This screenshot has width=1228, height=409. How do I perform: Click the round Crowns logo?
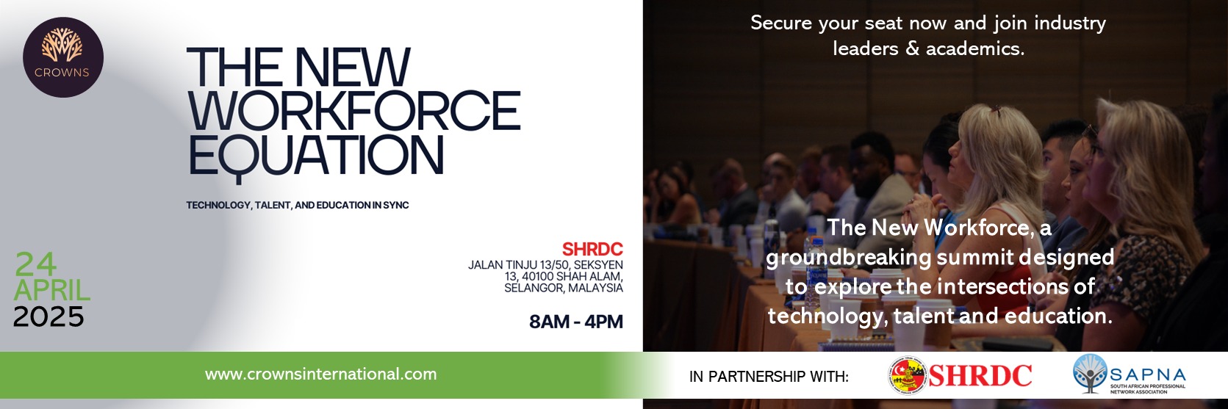(x=63, y=57)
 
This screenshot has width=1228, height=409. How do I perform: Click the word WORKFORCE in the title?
(x=354, y=110)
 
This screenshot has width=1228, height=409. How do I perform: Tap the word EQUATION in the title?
(x=316, y=156)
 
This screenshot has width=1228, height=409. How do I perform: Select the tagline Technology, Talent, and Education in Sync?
(x=298, y=206)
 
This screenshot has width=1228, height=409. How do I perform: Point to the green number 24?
(x=35, y=264)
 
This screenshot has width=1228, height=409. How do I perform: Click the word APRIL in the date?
(x=52, y=290)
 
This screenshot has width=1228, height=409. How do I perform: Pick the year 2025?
(x=49, y=316)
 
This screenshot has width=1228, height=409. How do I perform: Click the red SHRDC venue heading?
(x=592, y=250)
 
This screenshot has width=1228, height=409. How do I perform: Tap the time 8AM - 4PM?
(x=576, y=322)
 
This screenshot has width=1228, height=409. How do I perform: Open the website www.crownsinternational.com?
(x=320, y=374)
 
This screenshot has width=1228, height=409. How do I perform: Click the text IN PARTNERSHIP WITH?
(x=769, y=377)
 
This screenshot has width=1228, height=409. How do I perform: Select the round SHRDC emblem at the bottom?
(x=908, y=376)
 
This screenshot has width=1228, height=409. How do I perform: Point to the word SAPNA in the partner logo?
(x=1148, y=375)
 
